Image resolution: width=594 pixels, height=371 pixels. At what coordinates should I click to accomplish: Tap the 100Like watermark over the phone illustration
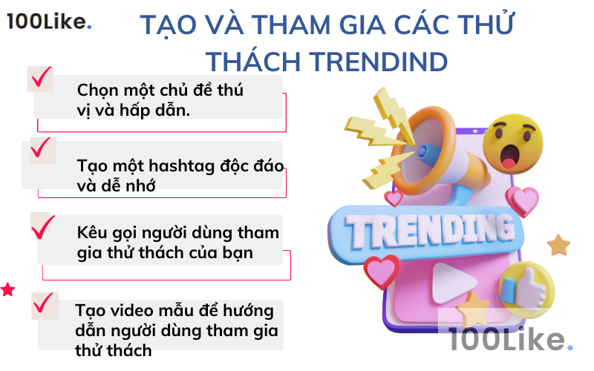[512, 341]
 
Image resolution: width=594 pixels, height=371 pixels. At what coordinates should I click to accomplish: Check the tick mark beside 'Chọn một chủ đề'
[41, 76]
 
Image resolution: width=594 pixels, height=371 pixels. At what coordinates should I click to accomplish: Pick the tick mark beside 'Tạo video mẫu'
[45, 303]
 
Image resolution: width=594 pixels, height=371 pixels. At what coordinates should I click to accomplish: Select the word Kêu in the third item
[92, 232]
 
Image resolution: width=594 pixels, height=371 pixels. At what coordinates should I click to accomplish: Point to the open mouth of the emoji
[511, 157]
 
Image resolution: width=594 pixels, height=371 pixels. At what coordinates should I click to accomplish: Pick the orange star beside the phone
[558, 245]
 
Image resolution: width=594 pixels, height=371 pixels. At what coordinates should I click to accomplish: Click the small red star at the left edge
[7, 289]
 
